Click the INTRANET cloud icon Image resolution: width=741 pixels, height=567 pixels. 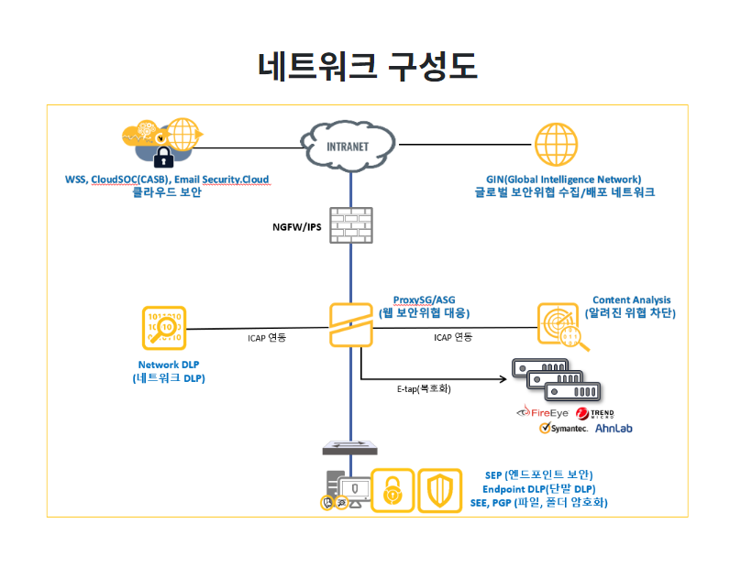click(x=348, y=144)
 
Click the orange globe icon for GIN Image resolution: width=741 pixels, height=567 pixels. click(x=557, y=144)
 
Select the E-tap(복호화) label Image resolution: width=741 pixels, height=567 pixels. click(x=424, y=388)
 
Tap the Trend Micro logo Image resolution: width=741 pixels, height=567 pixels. click(x=596, y=413)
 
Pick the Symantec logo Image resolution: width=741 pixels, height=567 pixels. click(x=563, y=429)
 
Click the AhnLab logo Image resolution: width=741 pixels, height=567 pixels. click(x=614, y=429)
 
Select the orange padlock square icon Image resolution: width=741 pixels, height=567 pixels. click(x=393, y=492)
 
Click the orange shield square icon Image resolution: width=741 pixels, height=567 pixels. click(x=440, y=492)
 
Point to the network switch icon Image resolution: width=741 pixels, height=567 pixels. click(x=349, y=447)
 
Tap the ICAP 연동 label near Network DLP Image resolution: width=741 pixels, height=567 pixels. click(x=267, y=338)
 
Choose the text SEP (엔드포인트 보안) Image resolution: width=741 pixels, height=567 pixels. click(x=538, y=474)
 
